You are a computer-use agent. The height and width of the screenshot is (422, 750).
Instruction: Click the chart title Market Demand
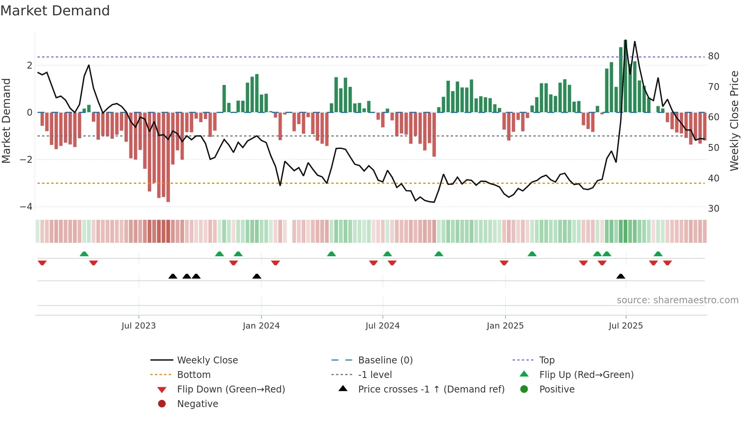[x=55, y=11]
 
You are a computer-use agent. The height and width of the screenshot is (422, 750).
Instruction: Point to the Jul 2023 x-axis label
[x=139, y=326]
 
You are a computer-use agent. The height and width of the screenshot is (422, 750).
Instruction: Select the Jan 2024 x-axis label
[x=261, y=326]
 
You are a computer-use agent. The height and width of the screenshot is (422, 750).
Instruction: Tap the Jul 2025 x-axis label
[x=626, y=326]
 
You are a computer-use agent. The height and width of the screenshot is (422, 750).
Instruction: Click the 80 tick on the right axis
[x=714, y=56]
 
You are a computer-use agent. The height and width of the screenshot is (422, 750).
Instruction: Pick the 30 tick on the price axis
[x=714, y=209]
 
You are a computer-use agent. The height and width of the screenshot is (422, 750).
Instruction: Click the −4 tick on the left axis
[x=26, y=207]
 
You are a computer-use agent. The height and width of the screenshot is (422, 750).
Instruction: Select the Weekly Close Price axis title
[x=734, y=121]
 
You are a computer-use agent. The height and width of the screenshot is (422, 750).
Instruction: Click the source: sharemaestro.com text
[x=677, y=300]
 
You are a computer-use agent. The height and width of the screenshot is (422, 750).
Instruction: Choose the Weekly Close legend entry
[x=207, y=360]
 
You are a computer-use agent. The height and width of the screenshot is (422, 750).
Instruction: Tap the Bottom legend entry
[x=194, y=375]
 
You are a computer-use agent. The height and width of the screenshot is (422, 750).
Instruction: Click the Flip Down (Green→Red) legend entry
[x=231, y=389]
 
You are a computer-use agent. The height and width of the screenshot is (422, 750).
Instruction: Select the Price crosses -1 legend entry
[x=431, y=389]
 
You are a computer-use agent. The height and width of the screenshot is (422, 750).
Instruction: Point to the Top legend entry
[x=547, y=360]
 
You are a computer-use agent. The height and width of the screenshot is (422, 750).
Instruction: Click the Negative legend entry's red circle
[x=162, y=404]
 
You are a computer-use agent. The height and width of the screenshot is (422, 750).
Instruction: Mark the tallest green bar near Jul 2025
[x=625, y=77]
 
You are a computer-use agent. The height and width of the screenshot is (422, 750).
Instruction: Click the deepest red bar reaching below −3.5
[x=168, y=157]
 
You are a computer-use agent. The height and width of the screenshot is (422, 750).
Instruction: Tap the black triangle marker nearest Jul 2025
[x=621, y=276]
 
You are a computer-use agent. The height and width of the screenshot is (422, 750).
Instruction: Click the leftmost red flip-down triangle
[x=42, y=263]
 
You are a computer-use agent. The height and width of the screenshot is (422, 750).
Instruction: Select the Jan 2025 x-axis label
[x=505, y=326]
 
